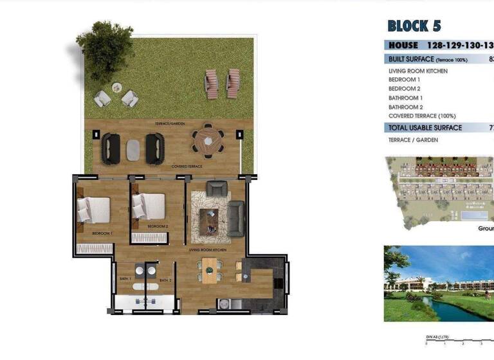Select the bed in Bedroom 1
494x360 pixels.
coord(94,210)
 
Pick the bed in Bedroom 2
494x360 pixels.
coord(149,207)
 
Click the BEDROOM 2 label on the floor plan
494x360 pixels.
coord(158,227)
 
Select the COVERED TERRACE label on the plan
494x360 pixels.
coord(187,166)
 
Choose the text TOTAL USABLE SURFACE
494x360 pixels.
coord(425,128)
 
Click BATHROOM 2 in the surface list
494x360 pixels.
coord(405,107)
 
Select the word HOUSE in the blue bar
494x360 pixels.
coord(403,46)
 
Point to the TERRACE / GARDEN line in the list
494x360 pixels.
coord(413,140)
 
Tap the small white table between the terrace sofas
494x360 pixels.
coord(133,149)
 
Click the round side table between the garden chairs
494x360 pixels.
coord(116,87)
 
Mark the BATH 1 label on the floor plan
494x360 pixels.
coord(125,279)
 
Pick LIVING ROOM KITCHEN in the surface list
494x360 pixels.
coord(418,71)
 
